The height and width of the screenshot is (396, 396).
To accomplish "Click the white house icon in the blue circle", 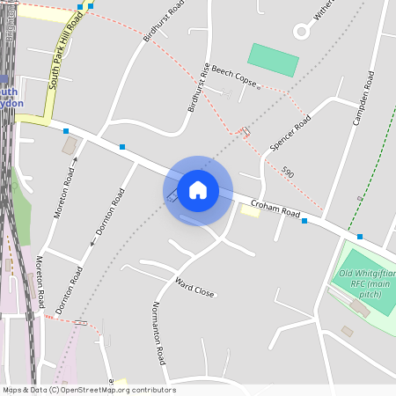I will (198, 190).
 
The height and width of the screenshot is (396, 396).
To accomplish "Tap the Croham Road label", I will (275, 211).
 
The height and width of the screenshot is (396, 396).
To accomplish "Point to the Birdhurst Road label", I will (164, 25).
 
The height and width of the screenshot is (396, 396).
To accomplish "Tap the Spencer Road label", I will (291, 132).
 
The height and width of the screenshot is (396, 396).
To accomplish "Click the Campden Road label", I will (363, 98).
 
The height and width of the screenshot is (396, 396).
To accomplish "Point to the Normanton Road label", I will (158, 334).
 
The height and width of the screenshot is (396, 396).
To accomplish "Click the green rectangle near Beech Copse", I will (273, 60).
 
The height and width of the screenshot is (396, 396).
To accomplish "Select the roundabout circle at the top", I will (302, 32).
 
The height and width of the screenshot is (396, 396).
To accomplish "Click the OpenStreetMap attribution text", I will (88, 390).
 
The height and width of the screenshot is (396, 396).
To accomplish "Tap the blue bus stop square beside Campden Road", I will (359, 237).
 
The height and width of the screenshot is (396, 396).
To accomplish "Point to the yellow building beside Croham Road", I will (250, 211).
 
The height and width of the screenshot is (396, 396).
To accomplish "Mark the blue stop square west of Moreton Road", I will (66, 131).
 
